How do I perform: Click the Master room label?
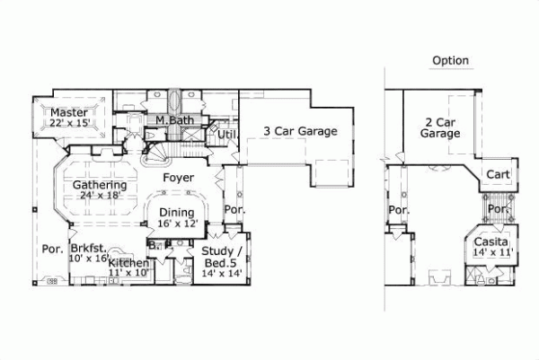pyautogui.click(x=69, y=112)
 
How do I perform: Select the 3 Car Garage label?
pyautogui.click(x=300, y=131)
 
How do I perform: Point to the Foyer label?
pyautogui.click(x=179, y=178)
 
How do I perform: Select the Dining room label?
pyautogui.click(x=176, y=213)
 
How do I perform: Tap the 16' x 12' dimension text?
pyautogui.click(x=176, y=224)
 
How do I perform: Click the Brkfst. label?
pyautogui.click(x=89, y=248)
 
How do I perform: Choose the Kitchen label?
pyautogui.click(x=128, y=262)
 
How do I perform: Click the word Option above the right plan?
pyautogui.click(x=450, y=61)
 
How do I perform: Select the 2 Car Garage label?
pyautogui.click(x=440, y=127)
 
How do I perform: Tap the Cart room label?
pyautogui.click(x=498, y=174)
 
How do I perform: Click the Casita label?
pyautogui.click(x=491, y=242)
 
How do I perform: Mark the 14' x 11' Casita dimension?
pyautogui.click(x=491, y=254)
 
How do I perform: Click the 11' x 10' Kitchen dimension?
pyautogui.click(x=128, y=272)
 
